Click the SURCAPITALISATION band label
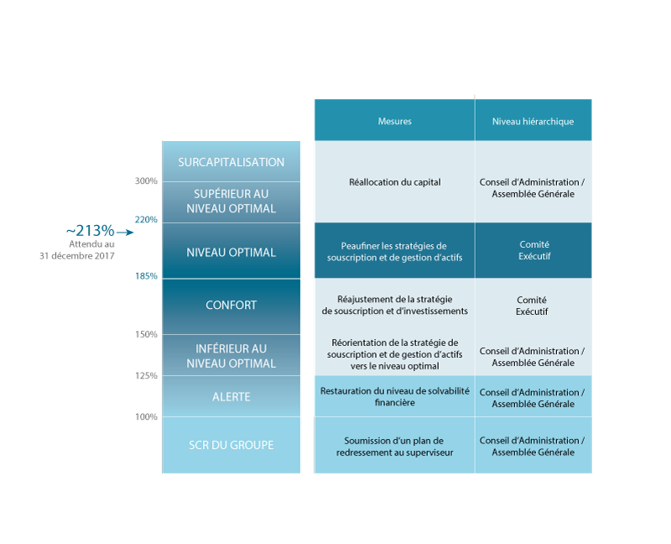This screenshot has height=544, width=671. (231, 162)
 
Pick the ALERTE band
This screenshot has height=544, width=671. (231, 396)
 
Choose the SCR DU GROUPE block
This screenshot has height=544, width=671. (231, 445)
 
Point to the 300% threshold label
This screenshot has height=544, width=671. (146, 181)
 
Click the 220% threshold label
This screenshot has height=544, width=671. (146, 220)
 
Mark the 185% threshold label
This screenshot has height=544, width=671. (146, 276)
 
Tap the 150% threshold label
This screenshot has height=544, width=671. (146, 334)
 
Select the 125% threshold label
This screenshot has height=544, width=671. (146, 375)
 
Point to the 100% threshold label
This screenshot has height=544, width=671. (146, 416)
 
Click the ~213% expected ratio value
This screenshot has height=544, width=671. (91, 231)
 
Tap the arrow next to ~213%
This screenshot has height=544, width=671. (125, 233)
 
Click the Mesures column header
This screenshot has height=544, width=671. (394, 120)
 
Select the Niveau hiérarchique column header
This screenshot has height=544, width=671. (533, 120)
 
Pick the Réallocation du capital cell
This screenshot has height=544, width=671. (394, 182)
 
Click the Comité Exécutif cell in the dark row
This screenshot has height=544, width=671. (533, 250)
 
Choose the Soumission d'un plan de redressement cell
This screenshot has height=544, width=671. (394, 446)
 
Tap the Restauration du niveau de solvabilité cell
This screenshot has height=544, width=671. (394, 396)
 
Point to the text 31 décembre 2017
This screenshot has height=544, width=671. (77, 256)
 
